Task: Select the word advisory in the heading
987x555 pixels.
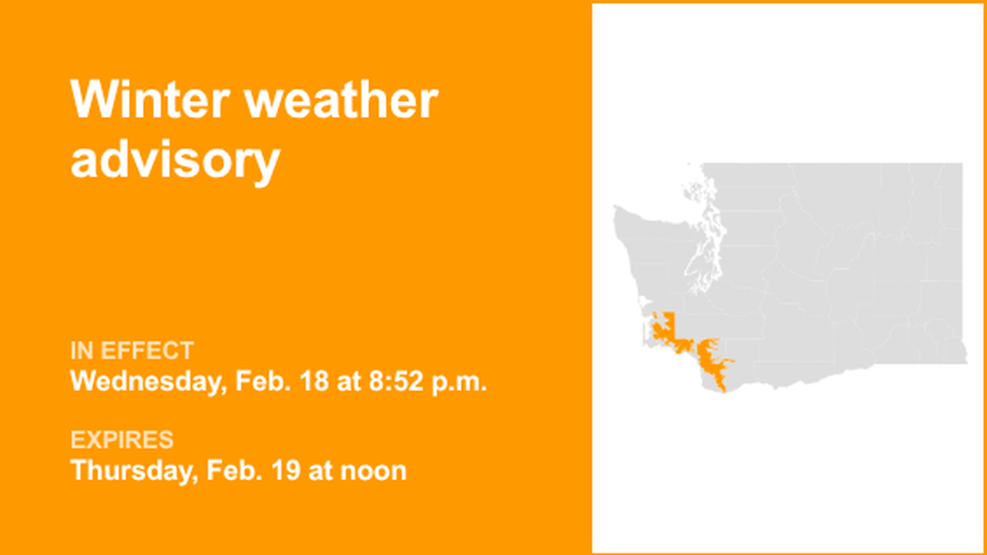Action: pyautogui.click(x=175, y=159)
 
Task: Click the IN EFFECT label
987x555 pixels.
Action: pyautogui.click(x=132, y=351)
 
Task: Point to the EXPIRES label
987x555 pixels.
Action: pyautogui.click(x=122, y=440)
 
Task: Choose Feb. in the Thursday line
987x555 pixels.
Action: pyautogui.click(x=237, y=470)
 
